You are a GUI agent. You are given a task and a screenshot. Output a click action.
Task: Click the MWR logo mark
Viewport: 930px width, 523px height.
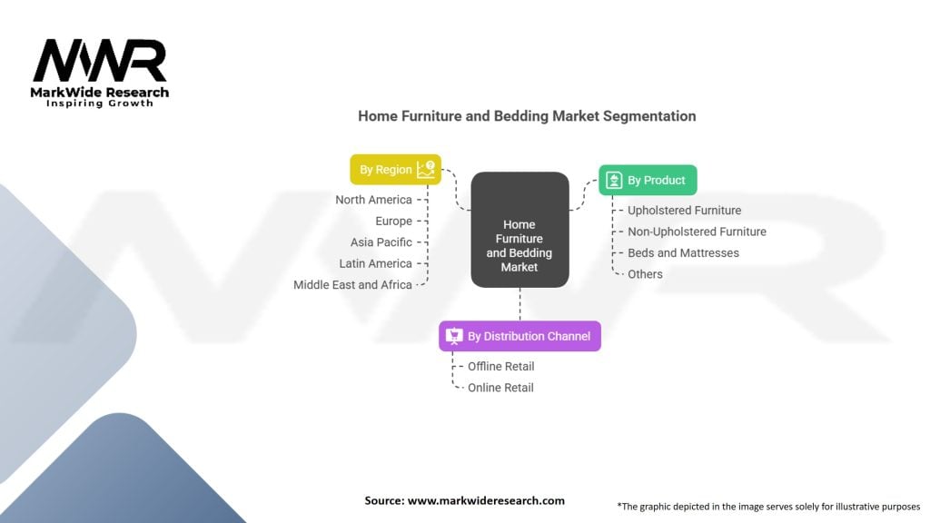[x=100, y=61]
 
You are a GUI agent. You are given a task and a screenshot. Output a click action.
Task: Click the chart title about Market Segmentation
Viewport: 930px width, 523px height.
[x=527, y=115]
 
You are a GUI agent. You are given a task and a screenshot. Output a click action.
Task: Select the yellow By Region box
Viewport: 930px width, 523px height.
[x=396, y=170]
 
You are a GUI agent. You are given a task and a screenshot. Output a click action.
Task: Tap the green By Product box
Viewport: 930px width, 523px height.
[x=648, y=181]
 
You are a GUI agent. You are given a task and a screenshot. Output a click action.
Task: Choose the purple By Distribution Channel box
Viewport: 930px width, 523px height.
[x=519, y=336]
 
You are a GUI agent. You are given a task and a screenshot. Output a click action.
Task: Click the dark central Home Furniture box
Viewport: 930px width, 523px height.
[x=519, y=230]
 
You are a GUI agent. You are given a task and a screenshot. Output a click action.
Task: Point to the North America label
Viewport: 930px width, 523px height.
[x=373, y=200]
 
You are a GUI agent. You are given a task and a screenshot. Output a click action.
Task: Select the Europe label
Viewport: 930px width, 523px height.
[x=394, y=222]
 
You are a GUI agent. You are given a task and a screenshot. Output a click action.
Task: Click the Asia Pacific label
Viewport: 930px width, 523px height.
[x=381, y=242]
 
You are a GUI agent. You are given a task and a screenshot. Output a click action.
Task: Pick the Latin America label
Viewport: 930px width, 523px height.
[x=375, y=263]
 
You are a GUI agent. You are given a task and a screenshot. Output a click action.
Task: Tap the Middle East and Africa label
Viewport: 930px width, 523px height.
[x=352, y=284]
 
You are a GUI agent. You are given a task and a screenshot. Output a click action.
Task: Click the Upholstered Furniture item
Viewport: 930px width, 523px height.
[x=685, y=211]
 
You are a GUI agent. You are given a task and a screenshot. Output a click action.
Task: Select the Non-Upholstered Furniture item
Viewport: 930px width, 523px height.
[x=697, y=232]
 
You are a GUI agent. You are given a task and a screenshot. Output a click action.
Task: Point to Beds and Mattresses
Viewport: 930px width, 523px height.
[x=683, y=253]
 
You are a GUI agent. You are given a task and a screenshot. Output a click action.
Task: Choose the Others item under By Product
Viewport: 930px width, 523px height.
[x=645, y=274]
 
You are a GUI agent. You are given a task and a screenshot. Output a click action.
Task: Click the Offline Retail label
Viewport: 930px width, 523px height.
[x=500, y=367]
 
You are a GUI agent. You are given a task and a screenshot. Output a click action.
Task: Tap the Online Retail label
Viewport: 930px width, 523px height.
[x=500, y=388]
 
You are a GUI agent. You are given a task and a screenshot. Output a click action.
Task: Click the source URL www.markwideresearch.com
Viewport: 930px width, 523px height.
[x=486, y=500]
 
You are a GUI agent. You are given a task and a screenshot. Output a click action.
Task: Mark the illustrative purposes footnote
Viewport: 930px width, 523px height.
[x=768, y=507]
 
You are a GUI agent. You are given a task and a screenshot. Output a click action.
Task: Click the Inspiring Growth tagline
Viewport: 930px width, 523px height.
[x=100, y=104]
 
